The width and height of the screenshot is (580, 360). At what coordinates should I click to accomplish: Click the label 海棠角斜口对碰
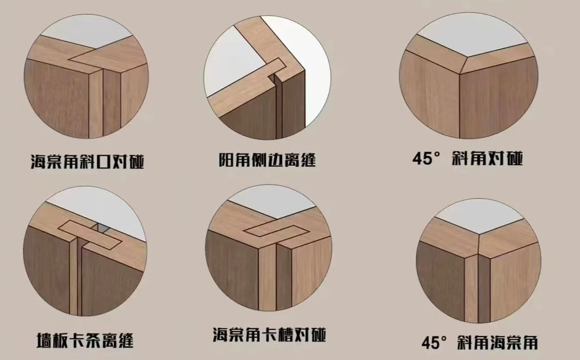pos(87,161)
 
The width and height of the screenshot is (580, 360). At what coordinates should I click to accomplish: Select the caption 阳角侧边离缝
pos(267,160)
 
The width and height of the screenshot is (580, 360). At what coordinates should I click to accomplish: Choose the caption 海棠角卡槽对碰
pos(269,335)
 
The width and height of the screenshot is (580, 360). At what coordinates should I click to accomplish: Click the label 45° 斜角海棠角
pos(479,342)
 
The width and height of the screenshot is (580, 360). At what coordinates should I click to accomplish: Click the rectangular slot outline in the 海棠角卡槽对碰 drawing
pos(276,232)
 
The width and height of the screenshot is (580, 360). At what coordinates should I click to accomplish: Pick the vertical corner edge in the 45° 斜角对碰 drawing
pos(459,105)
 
